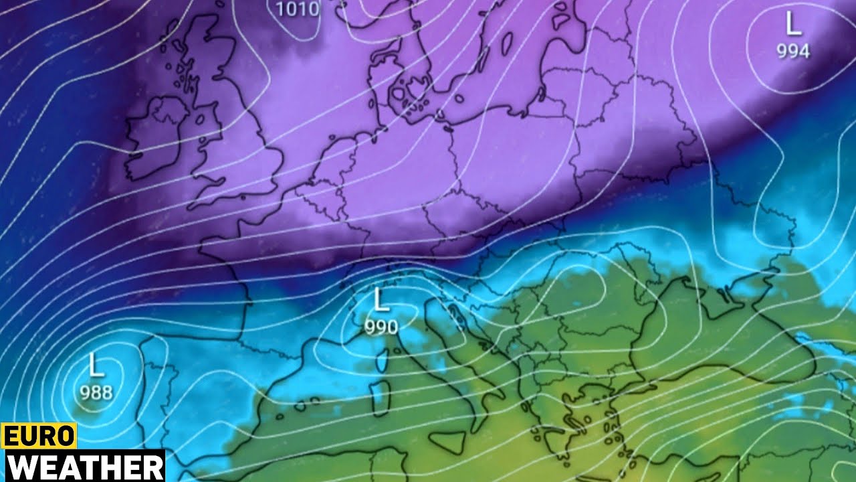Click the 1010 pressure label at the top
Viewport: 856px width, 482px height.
[x=298, y=9]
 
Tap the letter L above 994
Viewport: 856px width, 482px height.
[x=793, y=25]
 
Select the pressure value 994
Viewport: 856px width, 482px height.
[x=793, y=51]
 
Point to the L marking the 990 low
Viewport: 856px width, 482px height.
[x=381, y=301]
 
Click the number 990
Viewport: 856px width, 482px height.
[x=381, y=327]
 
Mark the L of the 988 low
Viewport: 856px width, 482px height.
[x=96, y=366]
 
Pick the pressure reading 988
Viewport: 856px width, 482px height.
[x=96, y=392]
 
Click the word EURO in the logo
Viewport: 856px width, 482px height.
[x=39, y=436]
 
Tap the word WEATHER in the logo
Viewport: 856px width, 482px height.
[x=83, y=466]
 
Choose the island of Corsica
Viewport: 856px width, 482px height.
[x=384, y=361]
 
